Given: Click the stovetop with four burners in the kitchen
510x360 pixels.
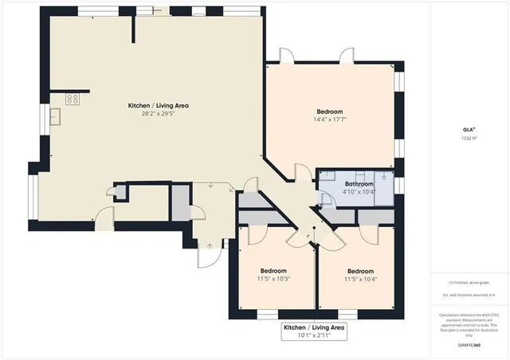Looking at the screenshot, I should (72, 100).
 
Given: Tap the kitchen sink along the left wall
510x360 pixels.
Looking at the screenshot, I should (57, 117).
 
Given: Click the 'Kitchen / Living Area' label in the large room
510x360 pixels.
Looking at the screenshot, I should (159, 105).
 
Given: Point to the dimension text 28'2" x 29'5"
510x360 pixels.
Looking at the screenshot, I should (159, 114).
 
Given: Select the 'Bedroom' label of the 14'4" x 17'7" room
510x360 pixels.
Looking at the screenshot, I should (330, 111).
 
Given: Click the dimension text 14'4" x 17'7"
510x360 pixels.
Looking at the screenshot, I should (330, 119).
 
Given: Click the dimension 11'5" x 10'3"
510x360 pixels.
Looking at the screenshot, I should (273, 280).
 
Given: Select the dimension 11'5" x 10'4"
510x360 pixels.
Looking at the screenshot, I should (360, 280).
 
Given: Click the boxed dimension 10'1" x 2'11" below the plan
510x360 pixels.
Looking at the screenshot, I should (316, 335).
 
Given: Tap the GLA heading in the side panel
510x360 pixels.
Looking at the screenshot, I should (469, 128).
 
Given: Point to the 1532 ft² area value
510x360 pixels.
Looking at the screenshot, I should (469, 138).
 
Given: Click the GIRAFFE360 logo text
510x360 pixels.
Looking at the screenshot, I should (469, 346).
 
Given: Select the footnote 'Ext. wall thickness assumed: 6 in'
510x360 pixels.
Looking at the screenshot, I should (469, 295).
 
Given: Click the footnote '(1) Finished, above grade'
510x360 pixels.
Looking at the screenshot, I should (469, 283).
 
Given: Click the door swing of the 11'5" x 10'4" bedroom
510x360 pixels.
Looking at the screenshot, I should (367, 234).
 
